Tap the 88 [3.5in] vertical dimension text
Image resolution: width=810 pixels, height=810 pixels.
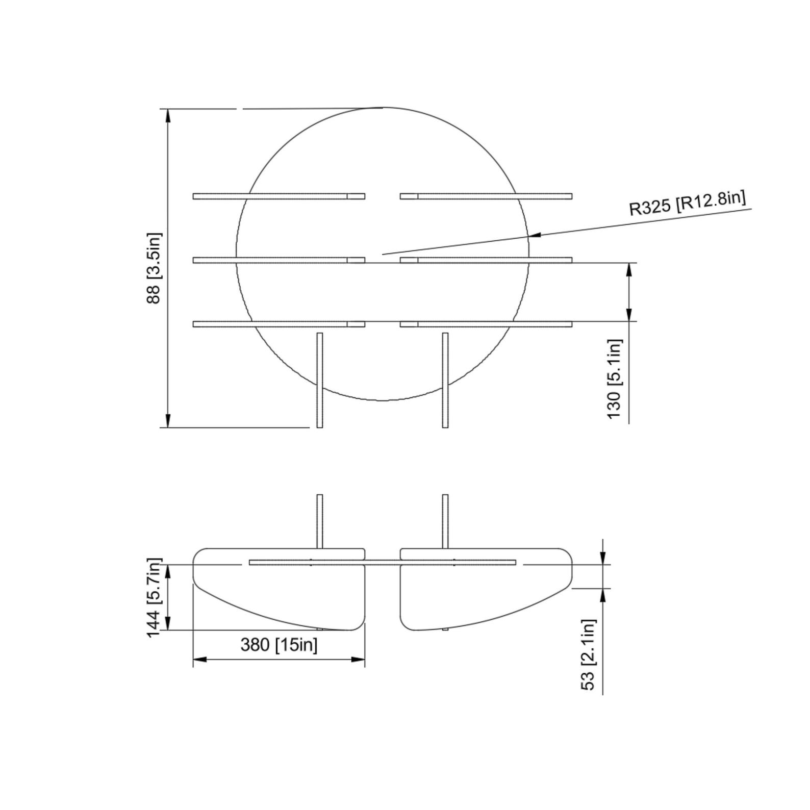[x=154, y=268]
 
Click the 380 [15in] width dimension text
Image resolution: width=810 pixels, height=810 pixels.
[x=279, y=645]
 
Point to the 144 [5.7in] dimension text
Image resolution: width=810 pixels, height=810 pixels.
[x=154, y=597]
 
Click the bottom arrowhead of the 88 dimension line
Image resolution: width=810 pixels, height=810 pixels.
[x=168, y=421]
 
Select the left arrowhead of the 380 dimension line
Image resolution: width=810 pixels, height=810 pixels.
[x=199, y=660]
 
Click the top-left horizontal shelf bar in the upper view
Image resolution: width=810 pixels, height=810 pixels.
[x=279, y=196]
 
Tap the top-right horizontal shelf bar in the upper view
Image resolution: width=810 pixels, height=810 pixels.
[x=486, y=196]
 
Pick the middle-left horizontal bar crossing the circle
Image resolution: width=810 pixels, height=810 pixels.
[x=279, y=260]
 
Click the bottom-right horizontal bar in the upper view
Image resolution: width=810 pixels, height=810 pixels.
[x=486, y=324]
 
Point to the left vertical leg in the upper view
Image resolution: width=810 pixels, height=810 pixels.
[x=320, y=380]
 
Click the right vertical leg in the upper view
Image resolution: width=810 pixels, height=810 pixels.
[x=445, y=380]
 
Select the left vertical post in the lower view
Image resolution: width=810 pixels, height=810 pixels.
[x=320, y=521]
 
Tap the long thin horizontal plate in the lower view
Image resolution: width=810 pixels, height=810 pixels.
[x=382, y=563]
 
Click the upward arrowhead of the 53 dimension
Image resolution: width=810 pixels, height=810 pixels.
[x=603, y=594]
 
